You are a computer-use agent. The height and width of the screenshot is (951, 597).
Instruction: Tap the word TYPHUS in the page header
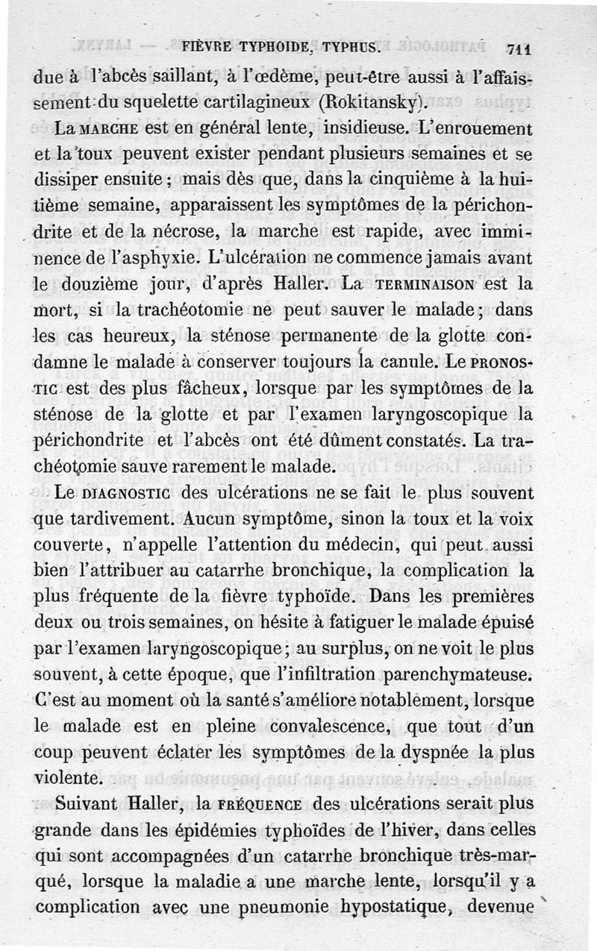pos(351,49)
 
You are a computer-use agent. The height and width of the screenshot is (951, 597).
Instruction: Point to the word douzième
pos(100,285)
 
